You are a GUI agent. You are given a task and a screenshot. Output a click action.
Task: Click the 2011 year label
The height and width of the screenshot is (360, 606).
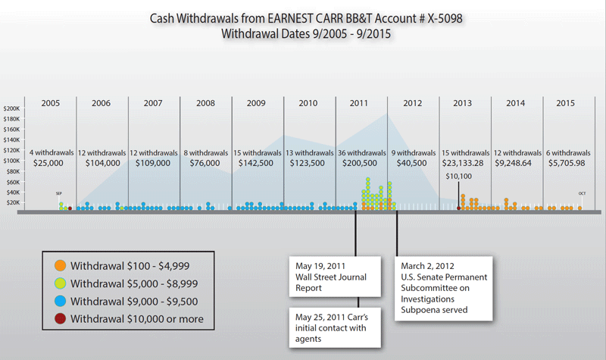point(361,103)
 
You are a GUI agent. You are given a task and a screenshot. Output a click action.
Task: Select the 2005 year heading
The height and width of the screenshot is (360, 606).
point(51,103)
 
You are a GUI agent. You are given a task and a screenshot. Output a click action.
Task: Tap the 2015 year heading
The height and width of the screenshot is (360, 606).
point(567,103)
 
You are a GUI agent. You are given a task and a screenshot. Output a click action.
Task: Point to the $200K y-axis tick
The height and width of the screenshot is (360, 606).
point(14,108)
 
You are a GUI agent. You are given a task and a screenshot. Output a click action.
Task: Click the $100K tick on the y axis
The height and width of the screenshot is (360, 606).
point(14,161)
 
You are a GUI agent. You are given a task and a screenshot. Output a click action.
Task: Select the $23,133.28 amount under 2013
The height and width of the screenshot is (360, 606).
point(464,163)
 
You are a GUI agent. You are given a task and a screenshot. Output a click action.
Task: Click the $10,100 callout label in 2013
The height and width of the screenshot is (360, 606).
point(459,177)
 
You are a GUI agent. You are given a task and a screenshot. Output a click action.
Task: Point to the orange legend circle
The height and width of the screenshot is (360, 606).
point(60,266)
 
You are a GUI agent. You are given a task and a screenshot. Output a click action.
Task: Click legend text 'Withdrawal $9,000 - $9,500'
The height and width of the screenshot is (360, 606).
point(136,300)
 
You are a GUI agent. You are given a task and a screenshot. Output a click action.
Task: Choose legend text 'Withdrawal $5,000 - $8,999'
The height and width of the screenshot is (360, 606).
point(136,283)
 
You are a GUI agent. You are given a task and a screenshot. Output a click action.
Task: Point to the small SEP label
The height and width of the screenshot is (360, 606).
point(59,193)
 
